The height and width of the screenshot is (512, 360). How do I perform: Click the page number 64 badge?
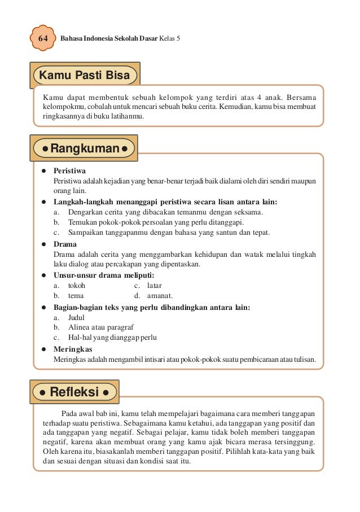(x=42, y=38)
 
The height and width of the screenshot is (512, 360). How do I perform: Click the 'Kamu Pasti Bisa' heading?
(x=86, y=76)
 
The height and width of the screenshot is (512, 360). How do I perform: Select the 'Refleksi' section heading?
(x=74, y=391)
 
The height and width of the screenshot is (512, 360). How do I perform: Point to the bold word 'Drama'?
(x=65, y=244)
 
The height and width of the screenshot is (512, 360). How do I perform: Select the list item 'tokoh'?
(x=77, y=286)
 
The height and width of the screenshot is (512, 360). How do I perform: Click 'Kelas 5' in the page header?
(x=168, y=39)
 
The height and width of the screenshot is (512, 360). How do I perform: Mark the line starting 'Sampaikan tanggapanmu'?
(x=169, y=233)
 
